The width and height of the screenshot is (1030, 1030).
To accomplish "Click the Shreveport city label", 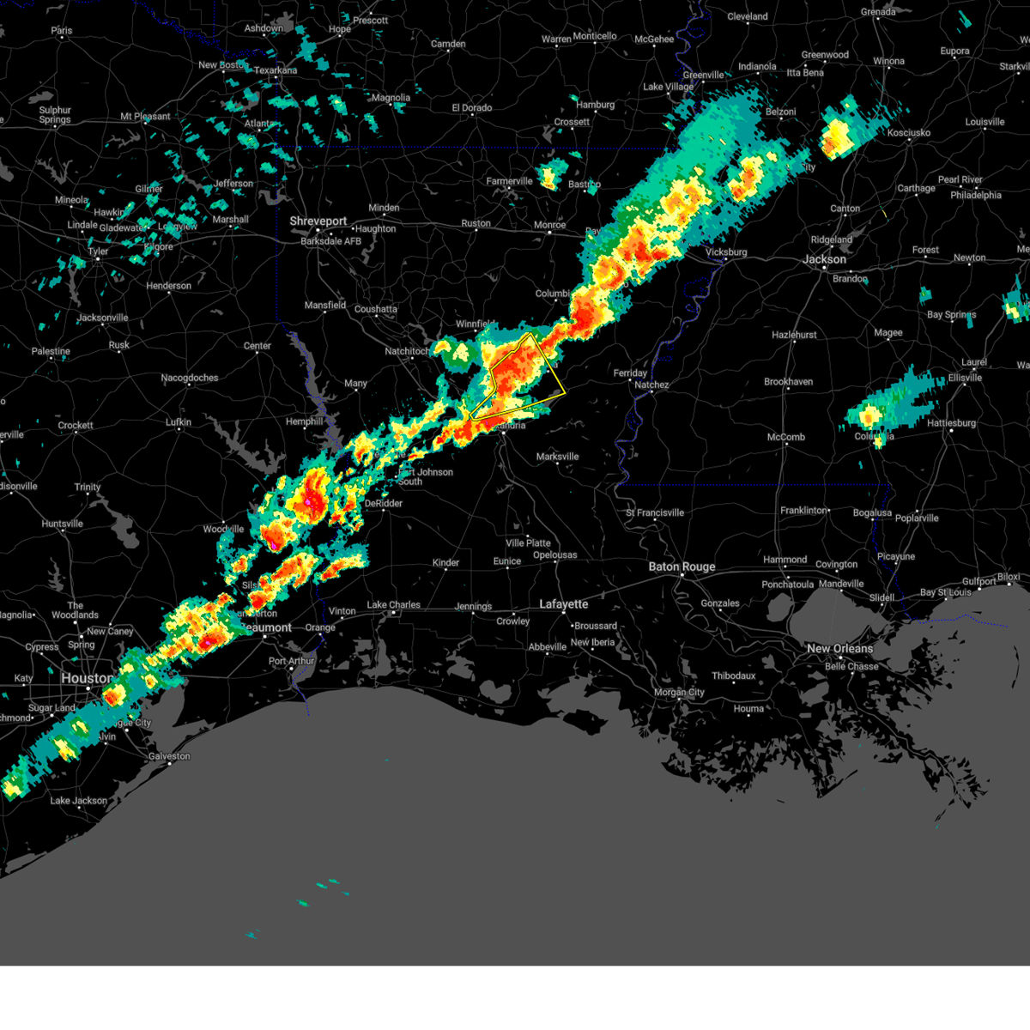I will [x=318, y=221].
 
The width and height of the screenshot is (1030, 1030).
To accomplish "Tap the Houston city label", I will [x=86, y=678].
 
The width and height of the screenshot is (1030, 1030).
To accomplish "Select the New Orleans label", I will [x=839, y=649].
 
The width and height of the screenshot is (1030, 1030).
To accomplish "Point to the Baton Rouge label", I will [x=682, y=566].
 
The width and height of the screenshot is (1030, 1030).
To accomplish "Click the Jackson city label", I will [x=824, y=259].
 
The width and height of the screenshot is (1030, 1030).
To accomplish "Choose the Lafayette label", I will [x=563, y=604].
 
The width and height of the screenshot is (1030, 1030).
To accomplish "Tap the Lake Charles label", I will [x=393, y=605].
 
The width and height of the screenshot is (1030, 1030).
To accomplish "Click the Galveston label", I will [x=169, y=756].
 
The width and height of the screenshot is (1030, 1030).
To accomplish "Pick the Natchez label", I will [x=651, y=385].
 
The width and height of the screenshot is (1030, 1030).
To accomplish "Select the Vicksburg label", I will [x=725, y=252].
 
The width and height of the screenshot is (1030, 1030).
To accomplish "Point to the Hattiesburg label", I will [x=951, y=423].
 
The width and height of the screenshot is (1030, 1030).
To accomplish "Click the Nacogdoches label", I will [x=190, y=378].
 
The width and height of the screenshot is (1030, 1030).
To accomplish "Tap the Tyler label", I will [x=98, y=252].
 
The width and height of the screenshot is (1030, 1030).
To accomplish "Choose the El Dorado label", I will [x=472, y=108].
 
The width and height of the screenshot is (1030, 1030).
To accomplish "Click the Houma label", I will [x=748, y=709].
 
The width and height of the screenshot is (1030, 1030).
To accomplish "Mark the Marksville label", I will [x=557, y=457].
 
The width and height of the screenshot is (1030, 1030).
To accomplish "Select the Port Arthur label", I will [x=292, y=661].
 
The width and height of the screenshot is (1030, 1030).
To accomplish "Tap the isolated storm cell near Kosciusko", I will [x=837, y=137].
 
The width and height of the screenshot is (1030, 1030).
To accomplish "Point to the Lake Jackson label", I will [x=79, y=801].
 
